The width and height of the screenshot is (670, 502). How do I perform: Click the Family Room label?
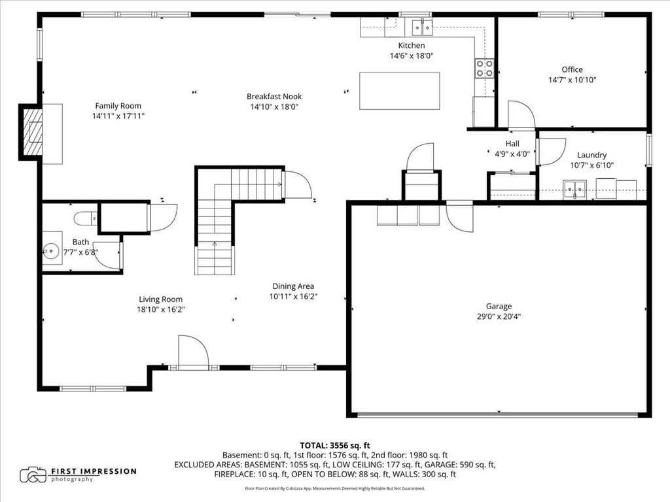[x=118, y=106]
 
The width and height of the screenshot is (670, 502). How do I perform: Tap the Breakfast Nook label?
[x=274, y=97]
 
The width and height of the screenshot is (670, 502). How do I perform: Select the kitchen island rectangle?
[x=400, y=91]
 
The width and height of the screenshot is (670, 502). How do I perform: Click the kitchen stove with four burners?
[x=485, y=68]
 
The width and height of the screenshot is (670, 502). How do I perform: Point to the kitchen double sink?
[x=422, y=27]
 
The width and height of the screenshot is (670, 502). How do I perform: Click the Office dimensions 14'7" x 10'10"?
[x=572, y=80]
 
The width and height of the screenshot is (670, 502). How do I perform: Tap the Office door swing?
[x=521, y=114]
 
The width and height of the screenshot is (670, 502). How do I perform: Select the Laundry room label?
[x=591, y=155]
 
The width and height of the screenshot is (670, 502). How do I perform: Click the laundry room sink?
[x=574, y=189]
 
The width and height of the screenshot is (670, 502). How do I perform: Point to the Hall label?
[x=512, y=143]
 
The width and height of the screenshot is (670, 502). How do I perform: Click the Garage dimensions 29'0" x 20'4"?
[x=499, y=317]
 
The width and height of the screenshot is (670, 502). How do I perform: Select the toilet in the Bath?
[x=86, y=219]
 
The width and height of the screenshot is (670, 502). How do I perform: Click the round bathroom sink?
[x=51, y=251]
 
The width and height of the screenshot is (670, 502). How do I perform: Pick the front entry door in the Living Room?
[x=193, y=352]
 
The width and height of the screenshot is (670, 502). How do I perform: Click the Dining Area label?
[x=293, y=286]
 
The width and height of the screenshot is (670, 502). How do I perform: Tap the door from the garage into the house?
[x=460, y=217]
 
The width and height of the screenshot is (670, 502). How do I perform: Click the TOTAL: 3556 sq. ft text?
[x=335, y=446]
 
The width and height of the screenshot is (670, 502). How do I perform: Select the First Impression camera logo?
[x=33, y=475]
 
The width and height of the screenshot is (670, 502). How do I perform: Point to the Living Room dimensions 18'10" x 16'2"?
[x=161, y=309]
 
